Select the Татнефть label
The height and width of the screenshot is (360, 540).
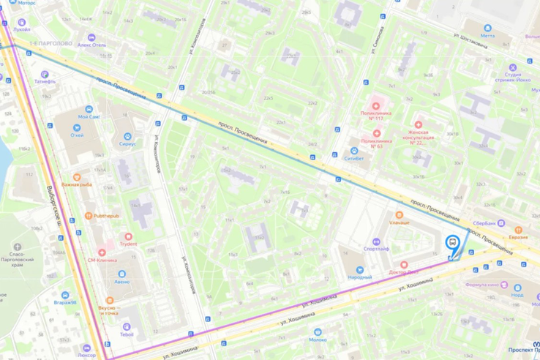click(x=45, y=82)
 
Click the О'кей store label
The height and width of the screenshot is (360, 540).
click(x=77, y=134)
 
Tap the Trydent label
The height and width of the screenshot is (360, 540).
click(x=129, y=243)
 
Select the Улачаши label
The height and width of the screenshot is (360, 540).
click(x=399, y=222)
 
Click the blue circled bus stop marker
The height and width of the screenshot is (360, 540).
click(x=452, y=243)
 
